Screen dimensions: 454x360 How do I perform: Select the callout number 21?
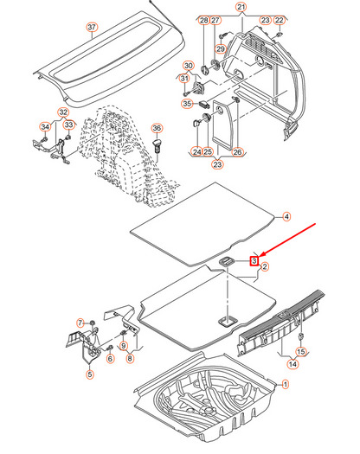[x=241, y=7]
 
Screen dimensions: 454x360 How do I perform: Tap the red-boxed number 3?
[x=254, y=259]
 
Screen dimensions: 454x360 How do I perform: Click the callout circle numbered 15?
[x=301, y=351]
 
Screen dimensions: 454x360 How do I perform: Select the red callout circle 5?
[x=88, y=374]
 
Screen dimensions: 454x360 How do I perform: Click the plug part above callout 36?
[x=158, y=144]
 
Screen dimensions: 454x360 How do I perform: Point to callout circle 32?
[x=63, y=113]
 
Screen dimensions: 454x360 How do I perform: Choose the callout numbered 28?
[x=203, y=19]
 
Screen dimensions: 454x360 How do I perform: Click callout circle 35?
[x=186, y=104]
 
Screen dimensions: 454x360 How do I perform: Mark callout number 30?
[x=188, y=67]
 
